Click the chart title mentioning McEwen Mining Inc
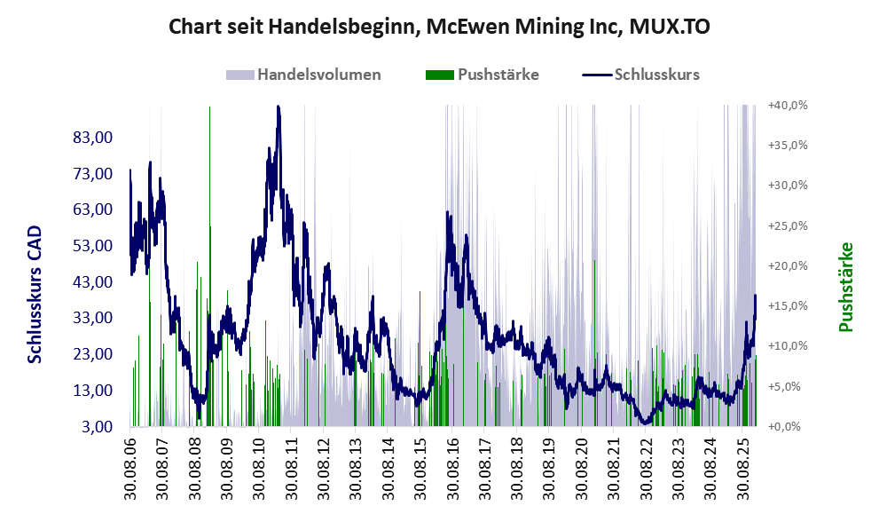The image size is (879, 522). pyautogui.click(x=439, y=28)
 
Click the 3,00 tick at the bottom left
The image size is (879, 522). pyautogui.click(x=98, y=427)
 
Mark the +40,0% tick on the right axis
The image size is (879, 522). pyautogui.click(x=788, y=105)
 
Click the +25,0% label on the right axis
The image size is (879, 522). pyautogui.click(x=788, y=225)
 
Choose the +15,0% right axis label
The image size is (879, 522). pyautogui.click(x=788, y=306)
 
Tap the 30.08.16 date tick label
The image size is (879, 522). pyautogui.click(x=451, y=467)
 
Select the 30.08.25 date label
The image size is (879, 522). pyautogui.click(x=742, y=467)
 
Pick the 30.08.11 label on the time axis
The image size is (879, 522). pyautogui.click(x=290, y=467)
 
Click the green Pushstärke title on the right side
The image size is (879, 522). pyautogui.click(x=845, y=287)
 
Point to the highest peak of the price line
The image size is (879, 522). pyautogui.click(x=279, y=107)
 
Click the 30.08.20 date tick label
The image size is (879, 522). pyautogui.click(x=581, y=467)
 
